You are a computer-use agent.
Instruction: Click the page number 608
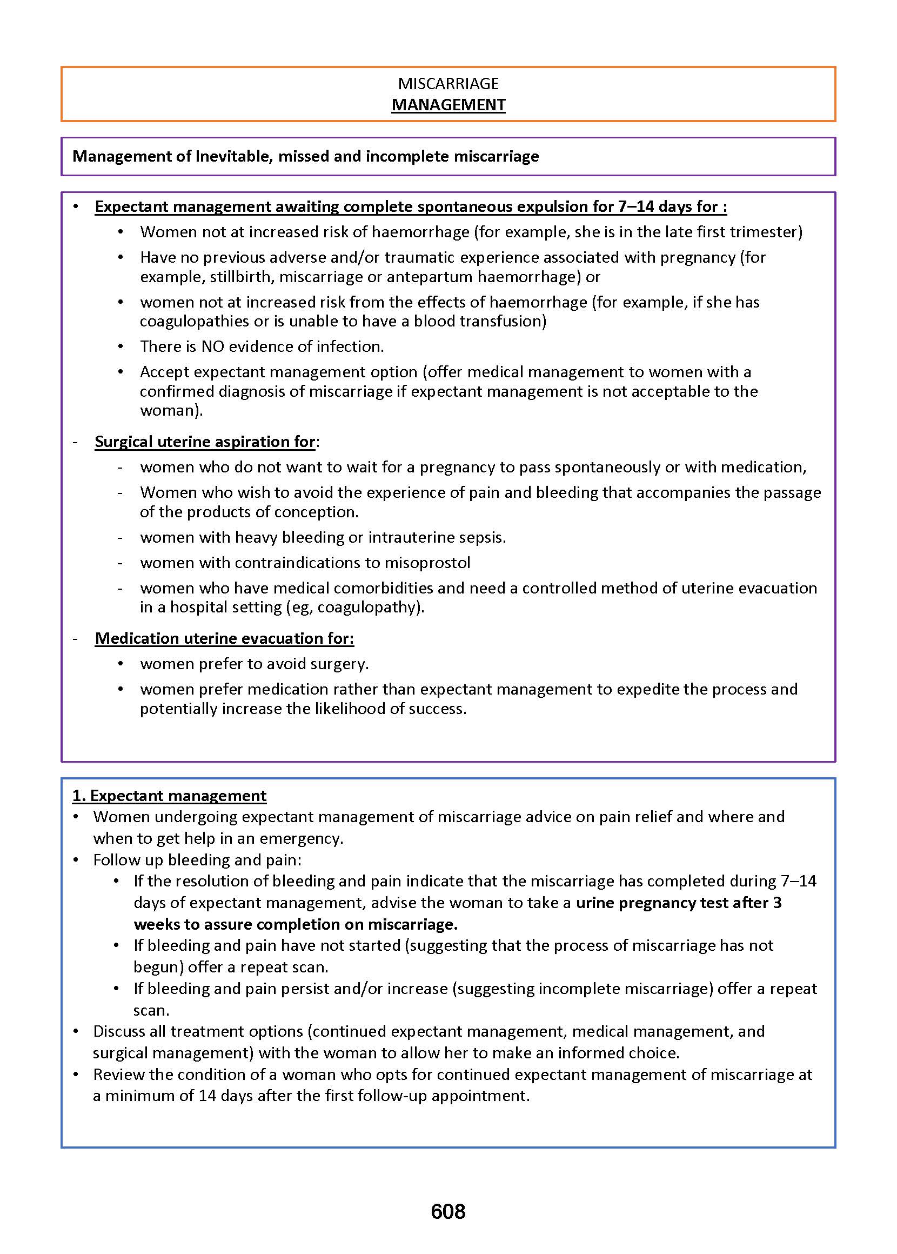[x=448, y=1211]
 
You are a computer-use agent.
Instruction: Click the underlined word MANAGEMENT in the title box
[x=448, y=105]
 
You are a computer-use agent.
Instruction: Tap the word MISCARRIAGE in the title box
[x=448, y=83]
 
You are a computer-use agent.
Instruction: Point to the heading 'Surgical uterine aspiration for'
[x=205, y=442]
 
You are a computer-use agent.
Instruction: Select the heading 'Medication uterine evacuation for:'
[x=224, y=638]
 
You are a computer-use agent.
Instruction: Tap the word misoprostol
[x=427, y=562]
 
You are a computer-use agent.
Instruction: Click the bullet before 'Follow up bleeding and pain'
[x=77, y=860]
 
